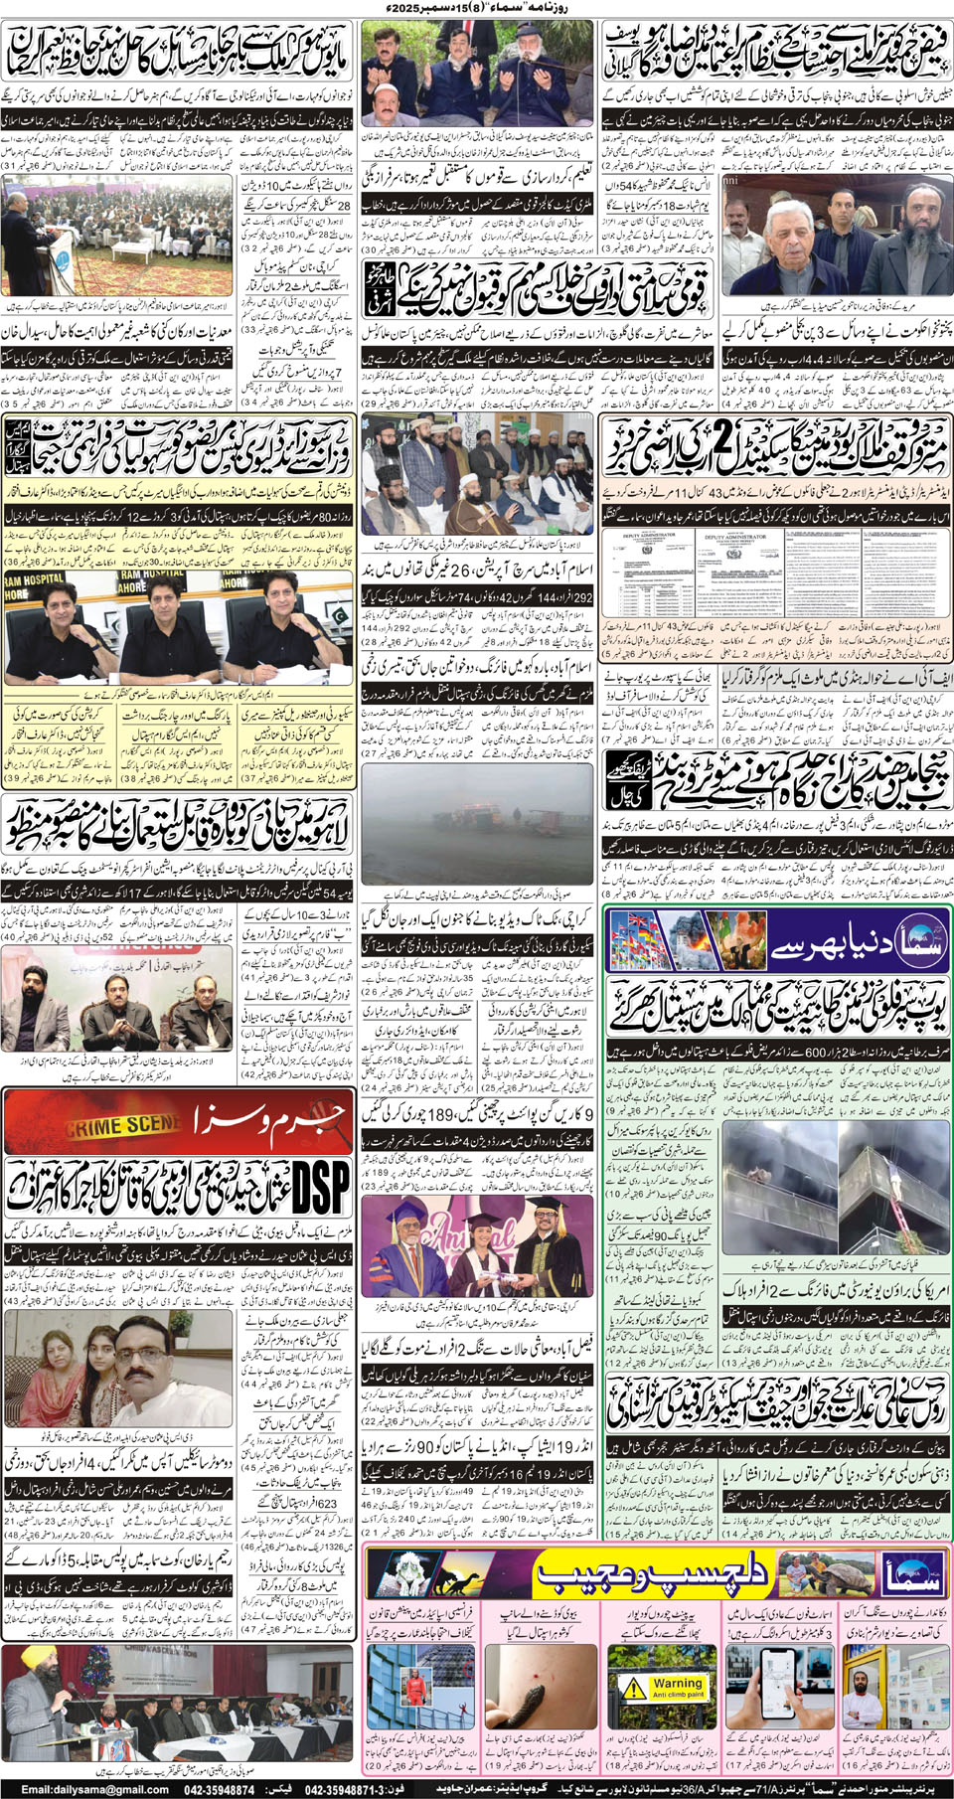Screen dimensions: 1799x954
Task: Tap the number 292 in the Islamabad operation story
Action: [x=575, y=597]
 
